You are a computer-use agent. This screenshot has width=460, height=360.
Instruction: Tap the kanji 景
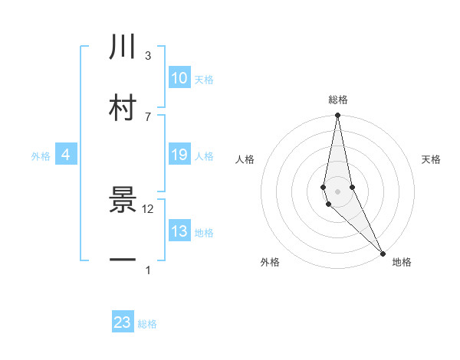pyautogui.click(x=123, y=200)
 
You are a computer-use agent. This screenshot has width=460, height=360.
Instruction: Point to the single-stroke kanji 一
pyautogui.click(x=123, y=260)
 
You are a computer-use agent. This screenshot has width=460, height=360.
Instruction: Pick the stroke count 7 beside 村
pyautogui.click(x=148, y=116)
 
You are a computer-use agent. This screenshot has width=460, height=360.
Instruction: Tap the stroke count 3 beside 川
pyautogui.click(x=148, y=56)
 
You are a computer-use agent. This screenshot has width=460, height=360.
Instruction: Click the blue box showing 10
pyautogui.click(x=179, y=78)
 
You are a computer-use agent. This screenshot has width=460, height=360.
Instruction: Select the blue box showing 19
pyautogui.click(x=179, y=155)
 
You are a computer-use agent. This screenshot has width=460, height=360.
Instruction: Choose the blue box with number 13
pyautogui.click(x=179, y=231)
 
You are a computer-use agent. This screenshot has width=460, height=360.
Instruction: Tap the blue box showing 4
pyautogui.click(x=66, y=155)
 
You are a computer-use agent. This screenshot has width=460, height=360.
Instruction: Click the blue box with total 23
pyautogui.click(x=123, y=322)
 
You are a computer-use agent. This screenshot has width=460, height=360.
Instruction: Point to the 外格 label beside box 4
pyautogui.click(x=41, y=156)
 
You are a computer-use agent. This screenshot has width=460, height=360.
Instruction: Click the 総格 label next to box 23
pyautogui.click(x=147, y=324)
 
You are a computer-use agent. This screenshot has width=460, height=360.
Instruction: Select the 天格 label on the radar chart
pyautogui.click(x=432, y=159)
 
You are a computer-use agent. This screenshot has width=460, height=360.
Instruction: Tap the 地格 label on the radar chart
pyautogui.click(x=402, y=262)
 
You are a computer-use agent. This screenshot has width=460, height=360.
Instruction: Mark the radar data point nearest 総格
pyautogui.click(x=337, y=116)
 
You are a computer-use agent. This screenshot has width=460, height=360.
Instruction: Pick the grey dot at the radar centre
pyautogui.click(x=337, y=191)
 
